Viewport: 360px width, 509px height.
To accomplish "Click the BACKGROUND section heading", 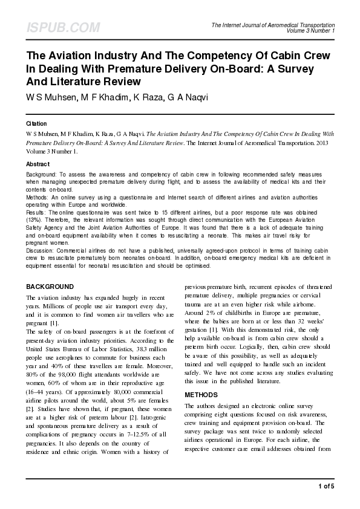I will click(58, 286).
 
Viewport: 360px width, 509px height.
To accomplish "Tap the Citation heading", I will click(36, 123).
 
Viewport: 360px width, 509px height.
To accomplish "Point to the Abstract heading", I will click(38, 164).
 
